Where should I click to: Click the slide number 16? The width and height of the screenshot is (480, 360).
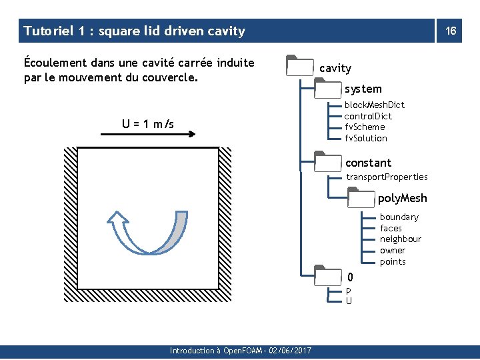tap(451, 31)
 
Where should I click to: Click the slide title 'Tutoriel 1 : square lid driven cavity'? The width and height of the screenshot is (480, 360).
tap(134, 31)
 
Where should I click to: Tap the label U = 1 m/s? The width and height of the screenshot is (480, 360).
tap(147, 123)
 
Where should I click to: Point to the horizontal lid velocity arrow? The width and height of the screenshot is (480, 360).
tap(147, 134)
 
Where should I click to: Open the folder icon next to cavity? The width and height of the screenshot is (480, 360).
tap(300, 67)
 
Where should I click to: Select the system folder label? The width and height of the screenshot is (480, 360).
tap(363, 89)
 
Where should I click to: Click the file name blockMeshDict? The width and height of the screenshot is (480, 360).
tap(374, 105)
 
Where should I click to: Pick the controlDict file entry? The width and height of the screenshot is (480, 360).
tap(368, 116)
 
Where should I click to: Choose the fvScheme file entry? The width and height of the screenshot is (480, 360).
tap(365, 127)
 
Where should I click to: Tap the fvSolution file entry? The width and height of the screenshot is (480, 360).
tap(366, 138)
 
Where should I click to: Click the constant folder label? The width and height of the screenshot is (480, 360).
tap(368, 163)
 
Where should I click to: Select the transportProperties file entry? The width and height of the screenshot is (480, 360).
tap(387, 177)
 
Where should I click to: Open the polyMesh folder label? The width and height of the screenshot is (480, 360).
tap(402, 198)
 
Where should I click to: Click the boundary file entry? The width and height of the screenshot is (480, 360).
tap(399, 217)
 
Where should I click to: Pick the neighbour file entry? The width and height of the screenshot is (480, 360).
tap(401, 239)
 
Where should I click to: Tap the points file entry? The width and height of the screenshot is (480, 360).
tap(393, 261)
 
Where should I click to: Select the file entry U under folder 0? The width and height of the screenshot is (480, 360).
tap(349, 301)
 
